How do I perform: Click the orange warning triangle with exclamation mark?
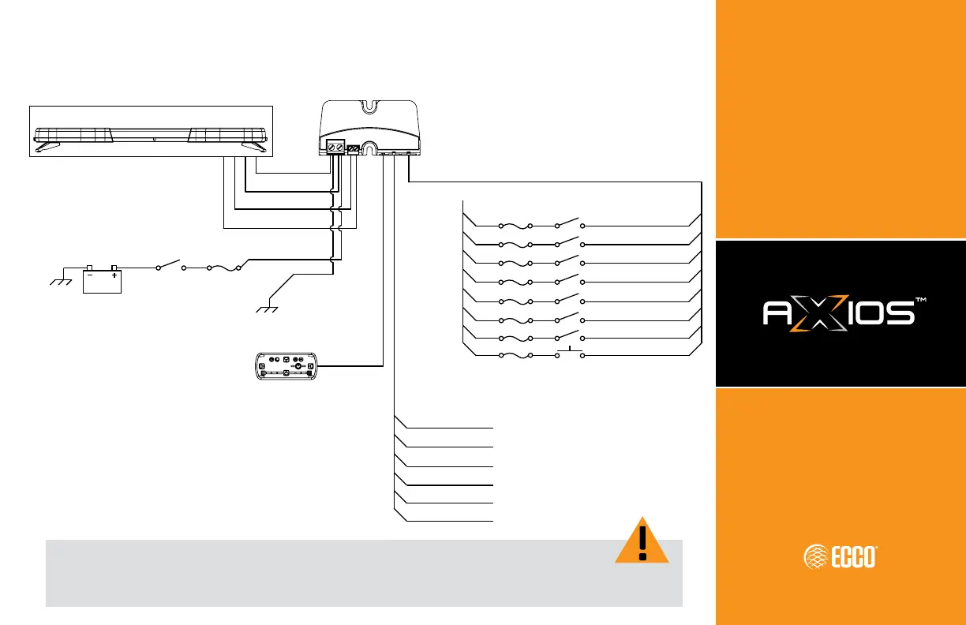tap(642, 543)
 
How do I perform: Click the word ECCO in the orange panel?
tap(849, 557)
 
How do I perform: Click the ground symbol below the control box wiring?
tap(270, 306)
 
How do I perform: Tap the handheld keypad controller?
tap(286, 366)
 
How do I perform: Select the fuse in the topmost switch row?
tap(515, 224)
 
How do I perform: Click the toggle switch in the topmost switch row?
tap(569, 223)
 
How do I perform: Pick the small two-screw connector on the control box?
tap(354, 148)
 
